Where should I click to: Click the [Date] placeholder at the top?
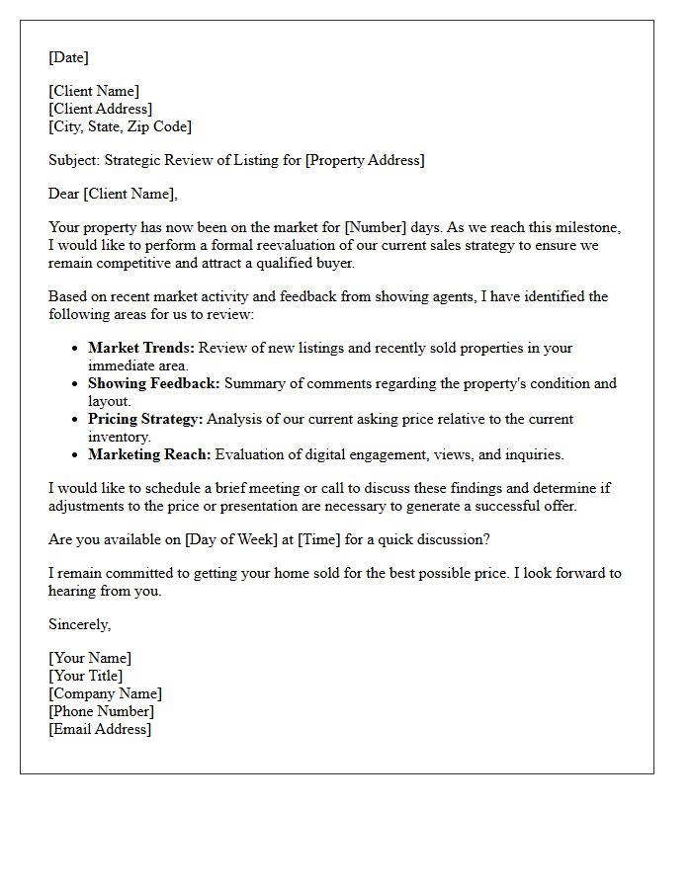(68, 57)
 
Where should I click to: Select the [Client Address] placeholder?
(100, 109)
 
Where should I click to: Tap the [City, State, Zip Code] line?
(120, 126)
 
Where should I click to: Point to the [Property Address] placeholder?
(365, 160)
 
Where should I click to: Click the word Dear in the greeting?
(64, 194)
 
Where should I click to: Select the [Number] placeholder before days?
(374, 227)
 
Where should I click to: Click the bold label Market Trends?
(141, 348)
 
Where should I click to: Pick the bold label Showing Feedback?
(154, 383)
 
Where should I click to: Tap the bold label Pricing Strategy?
(145, 419)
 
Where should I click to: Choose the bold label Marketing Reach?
(149, 454)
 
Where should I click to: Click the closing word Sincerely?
(79, 624)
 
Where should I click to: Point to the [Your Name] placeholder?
(90, 658)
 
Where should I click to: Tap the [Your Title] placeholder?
(86, 676)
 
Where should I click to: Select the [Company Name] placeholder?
(105, 693)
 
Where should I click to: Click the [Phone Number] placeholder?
(101, 711)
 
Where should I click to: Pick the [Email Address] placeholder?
(100, 729)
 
